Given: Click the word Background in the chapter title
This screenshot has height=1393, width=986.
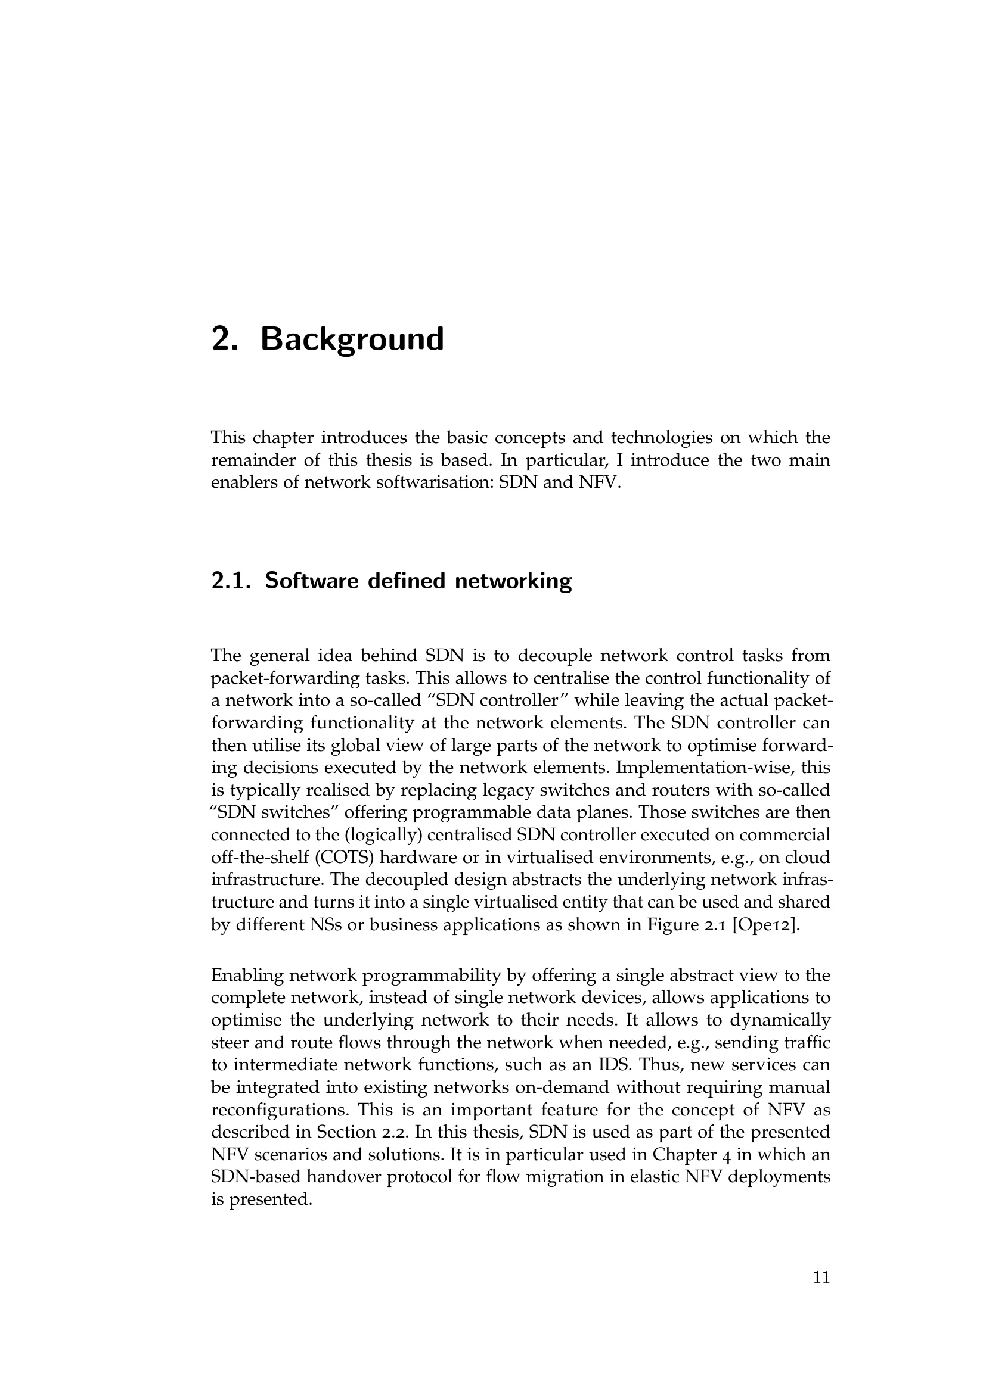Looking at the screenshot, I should pyautogui.click(x=352, y=339).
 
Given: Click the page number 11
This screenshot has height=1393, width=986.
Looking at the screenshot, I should pyautogui.click(x=821, y=1278).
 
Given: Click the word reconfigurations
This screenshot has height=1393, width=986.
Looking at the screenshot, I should pyautogui.click(x=280, y=1110).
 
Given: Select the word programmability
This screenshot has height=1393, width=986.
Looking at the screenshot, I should pyautogui.click(x=431, y=976).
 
